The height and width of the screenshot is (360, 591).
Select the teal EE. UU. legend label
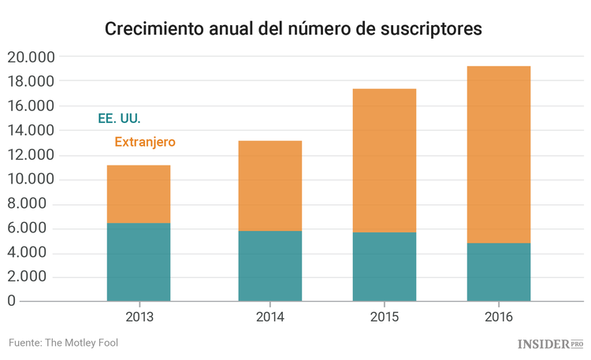pos(119,119)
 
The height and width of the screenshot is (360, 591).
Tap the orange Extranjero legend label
pos(145,143)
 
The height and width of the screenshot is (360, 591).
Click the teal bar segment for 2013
pos(138,262)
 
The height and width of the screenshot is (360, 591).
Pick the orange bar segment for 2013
pos(138,194)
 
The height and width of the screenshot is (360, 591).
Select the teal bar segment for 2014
pos(269,265)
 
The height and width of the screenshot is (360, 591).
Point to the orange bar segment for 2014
pos(269,186)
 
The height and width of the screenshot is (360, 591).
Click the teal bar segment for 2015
pos(384,266)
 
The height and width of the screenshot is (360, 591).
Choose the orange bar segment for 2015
pos(384,161)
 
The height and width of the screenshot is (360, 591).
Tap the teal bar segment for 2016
pos(498,272)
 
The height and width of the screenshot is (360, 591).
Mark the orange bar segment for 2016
pos(498,154)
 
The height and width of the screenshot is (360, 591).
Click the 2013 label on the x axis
pos(139,317)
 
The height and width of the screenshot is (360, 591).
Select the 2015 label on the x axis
pos(384,317)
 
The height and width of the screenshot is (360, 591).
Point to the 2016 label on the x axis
pos(498,317)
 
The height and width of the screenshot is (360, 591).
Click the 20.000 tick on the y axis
pos(31,57)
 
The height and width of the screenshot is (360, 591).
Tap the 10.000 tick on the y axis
pos(31,180)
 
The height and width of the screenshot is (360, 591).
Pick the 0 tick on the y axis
pos(11,301)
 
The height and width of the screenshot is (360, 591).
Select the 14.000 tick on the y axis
pos(31,130)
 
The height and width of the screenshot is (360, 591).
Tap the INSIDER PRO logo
pos(550,344)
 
